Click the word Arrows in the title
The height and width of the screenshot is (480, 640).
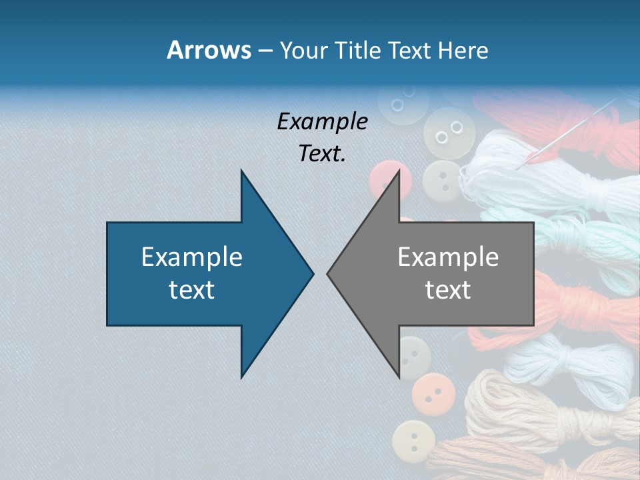[209, 50]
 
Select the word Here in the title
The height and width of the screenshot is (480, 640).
[463, 50]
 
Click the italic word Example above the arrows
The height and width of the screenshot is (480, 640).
[322, 121]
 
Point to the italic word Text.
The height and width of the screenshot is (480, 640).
[322, 154]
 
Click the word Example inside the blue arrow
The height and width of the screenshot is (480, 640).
[192, 257]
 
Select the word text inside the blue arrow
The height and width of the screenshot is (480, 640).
[192, 290]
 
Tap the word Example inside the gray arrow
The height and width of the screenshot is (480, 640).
[448, 257]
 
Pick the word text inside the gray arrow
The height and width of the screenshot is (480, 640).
[448, 290]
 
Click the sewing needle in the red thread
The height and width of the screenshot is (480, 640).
[573, 130]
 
